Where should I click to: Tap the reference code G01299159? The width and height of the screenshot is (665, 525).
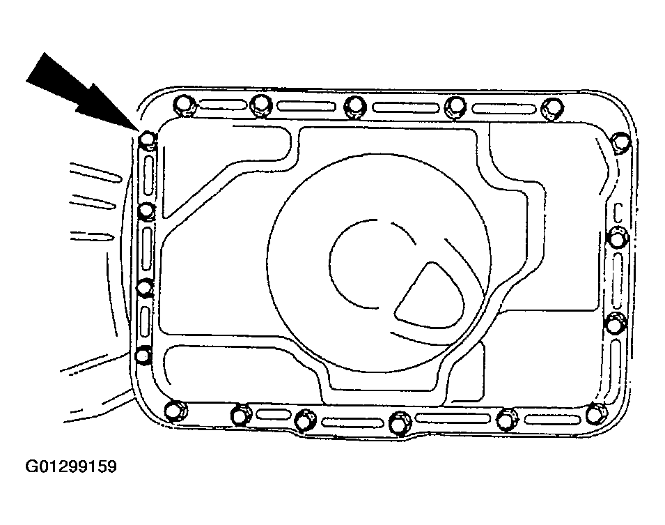[71, 466]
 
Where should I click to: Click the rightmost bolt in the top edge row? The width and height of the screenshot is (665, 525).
[553, 107]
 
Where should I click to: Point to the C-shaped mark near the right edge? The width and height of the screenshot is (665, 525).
[618, 213]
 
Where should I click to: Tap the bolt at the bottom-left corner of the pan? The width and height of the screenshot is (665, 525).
[175, 411]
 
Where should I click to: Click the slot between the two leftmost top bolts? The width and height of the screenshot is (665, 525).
[223, 105]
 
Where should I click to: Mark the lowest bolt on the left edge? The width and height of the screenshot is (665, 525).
[143, 355]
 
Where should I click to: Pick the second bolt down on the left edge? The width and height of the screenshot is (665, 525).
[146, 211]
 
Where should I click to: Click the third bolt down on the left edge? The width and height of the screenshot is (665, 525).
[145, 288]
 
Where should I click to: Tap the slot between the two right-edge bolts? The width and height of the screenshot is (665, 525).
[615, 278]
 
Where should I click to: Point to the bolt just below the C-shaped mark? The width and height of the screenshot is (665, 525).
[617, 238]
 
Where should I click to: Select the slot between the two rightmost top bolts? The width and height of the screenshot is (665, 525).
[503, 108]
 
